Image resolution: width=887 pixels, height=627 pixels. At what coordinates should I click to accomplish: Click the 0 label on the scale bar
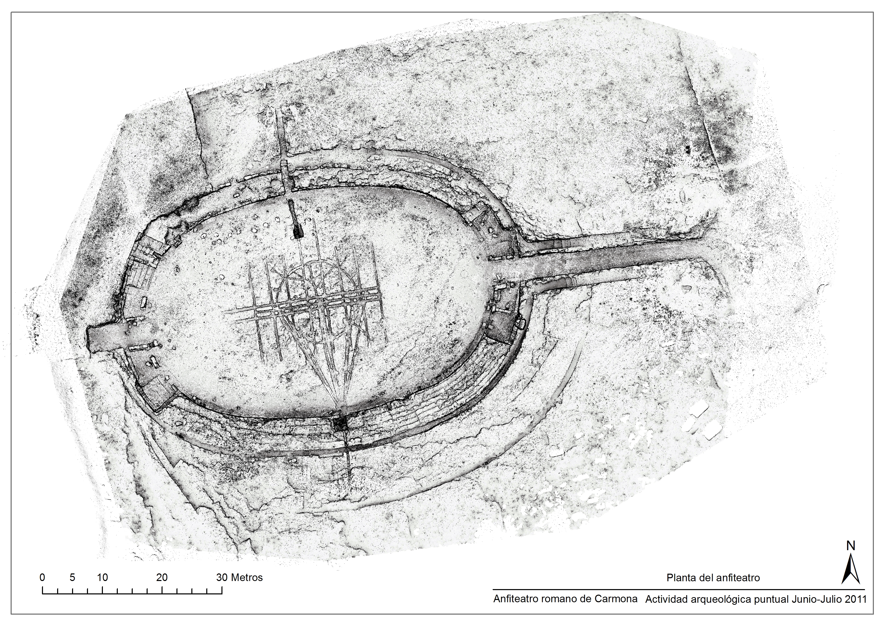pos(42,578)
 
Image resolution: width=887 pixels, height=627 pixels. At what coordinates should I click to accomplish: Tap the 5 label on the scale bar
pos(72,578)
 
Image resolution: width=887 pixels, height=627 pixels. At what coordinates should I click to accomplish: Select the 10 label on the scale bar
pos(102,578)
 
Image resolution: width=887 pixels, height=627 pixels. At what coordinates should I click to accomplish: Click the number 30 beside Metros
pos(222,578)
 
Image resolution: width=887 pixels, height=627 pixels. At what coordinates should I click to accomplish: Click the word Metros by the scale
pos(247,578)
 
